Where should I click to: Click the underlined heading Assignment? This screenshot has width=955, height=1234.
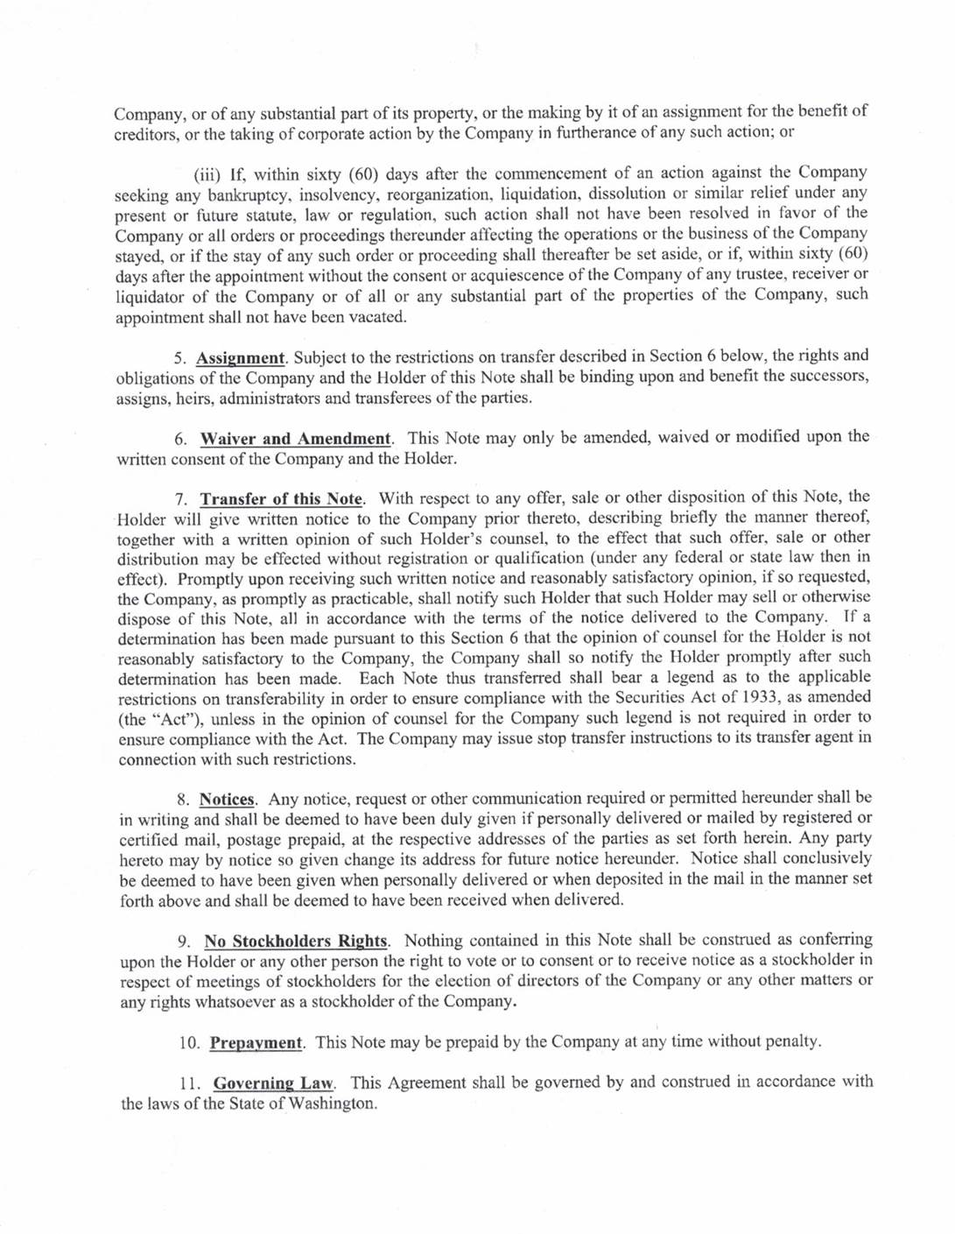coord(240,357)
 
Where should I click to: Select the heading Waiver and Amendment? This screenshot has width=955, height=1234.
coord(295,438)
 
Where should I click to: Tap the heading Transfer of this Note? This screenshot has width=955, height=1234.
coord(281,499)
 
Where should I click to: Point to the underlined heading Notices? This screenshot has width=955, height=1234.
coord(227,799)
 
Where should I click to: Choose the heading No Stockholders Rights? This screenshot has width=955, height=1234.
coord(296,941)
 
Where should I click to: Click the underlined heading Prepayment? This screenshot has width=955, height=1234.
coord(256,1042)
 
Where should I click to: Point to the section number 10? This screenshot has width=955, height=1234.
coord(189,1043)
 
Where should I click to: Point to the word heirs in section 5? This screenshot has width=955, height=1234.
coord(194,398)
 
